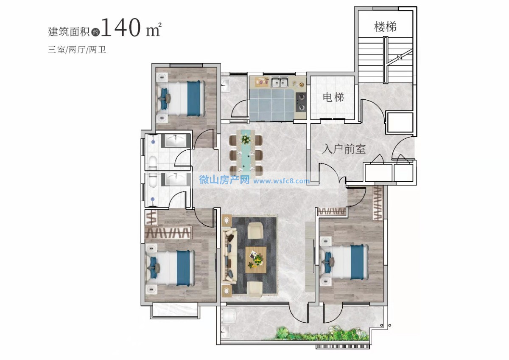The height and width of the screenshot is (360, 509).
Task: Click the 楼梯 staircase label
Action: click(385, 27)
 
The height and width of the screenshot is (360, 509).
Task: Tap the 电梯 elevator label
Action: click(333, 97)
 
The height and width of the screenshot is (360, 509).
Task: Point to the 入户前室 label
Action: click(344, 149)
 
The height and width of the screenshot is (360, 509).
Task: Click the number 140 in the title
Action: click(120, 27)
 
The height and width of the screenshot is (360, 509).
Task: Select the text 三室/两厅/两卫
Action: click(77, 50)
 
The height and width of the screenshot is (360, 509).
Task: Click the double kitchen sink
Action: click(280, 82)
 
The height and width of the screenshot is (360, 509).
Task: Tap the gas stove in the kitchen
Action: click(301, 102)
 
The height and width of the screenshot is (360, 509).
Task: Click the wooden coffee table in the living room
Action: click(256, 259)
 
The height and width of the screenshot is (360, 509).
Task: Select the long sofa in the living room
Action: click(229, 256)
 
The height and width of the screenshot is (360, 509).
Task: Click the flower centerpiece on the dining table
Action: click(245, 139)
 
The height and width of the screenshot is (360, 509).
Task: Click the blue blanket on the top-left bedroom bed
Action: click(193, 98)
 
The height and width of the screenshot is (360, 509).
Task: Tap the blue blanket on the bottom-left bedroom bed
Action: click(183, 268)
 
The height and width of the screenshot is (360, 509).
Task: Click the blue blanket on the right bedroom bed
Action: click(357, 262)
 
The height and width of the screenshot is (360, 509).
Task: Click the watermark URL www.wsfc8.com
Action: click(282, 181)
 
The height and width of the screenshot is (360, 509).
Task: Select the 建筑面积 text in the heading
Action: click(69, 31)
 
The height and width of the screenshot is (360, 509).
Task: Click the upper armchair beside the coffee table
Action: click(255, 231)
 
